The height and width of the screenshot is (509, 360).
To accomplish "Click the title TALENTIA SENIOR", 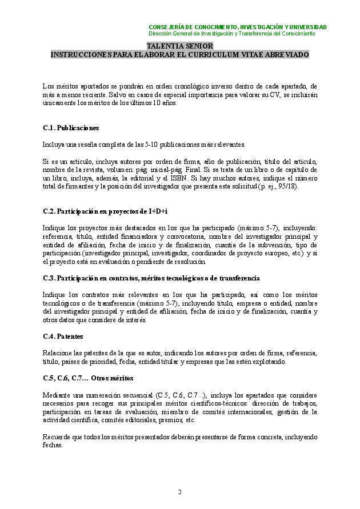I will pos(180,46).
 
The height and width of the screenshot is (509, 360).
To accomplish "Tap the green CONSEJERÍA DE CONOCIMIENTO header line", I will pos(237,27).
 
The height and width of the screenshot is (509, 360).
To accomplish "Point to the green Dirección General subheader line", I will pos(231,34).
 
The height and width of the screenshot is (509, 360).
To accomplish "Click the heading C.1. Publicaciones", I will pos(71,128).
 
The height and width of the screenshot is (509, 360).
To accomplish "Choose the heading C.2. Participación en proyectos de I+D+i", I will pos(105,211).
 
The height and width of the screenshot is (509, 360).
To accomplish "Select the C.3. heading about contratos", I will pos(151,278).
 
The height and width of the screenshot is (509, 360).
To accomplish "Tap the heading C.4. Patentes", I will pos(63,336).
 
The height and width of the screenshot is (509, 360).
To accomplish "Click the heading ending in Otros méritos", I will pos(88,378).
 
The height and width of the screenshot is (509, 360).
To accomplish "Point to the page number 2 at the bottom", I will pos(179,492).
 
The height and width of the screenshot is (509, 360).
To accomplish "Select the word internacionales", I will pos(243,412).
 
